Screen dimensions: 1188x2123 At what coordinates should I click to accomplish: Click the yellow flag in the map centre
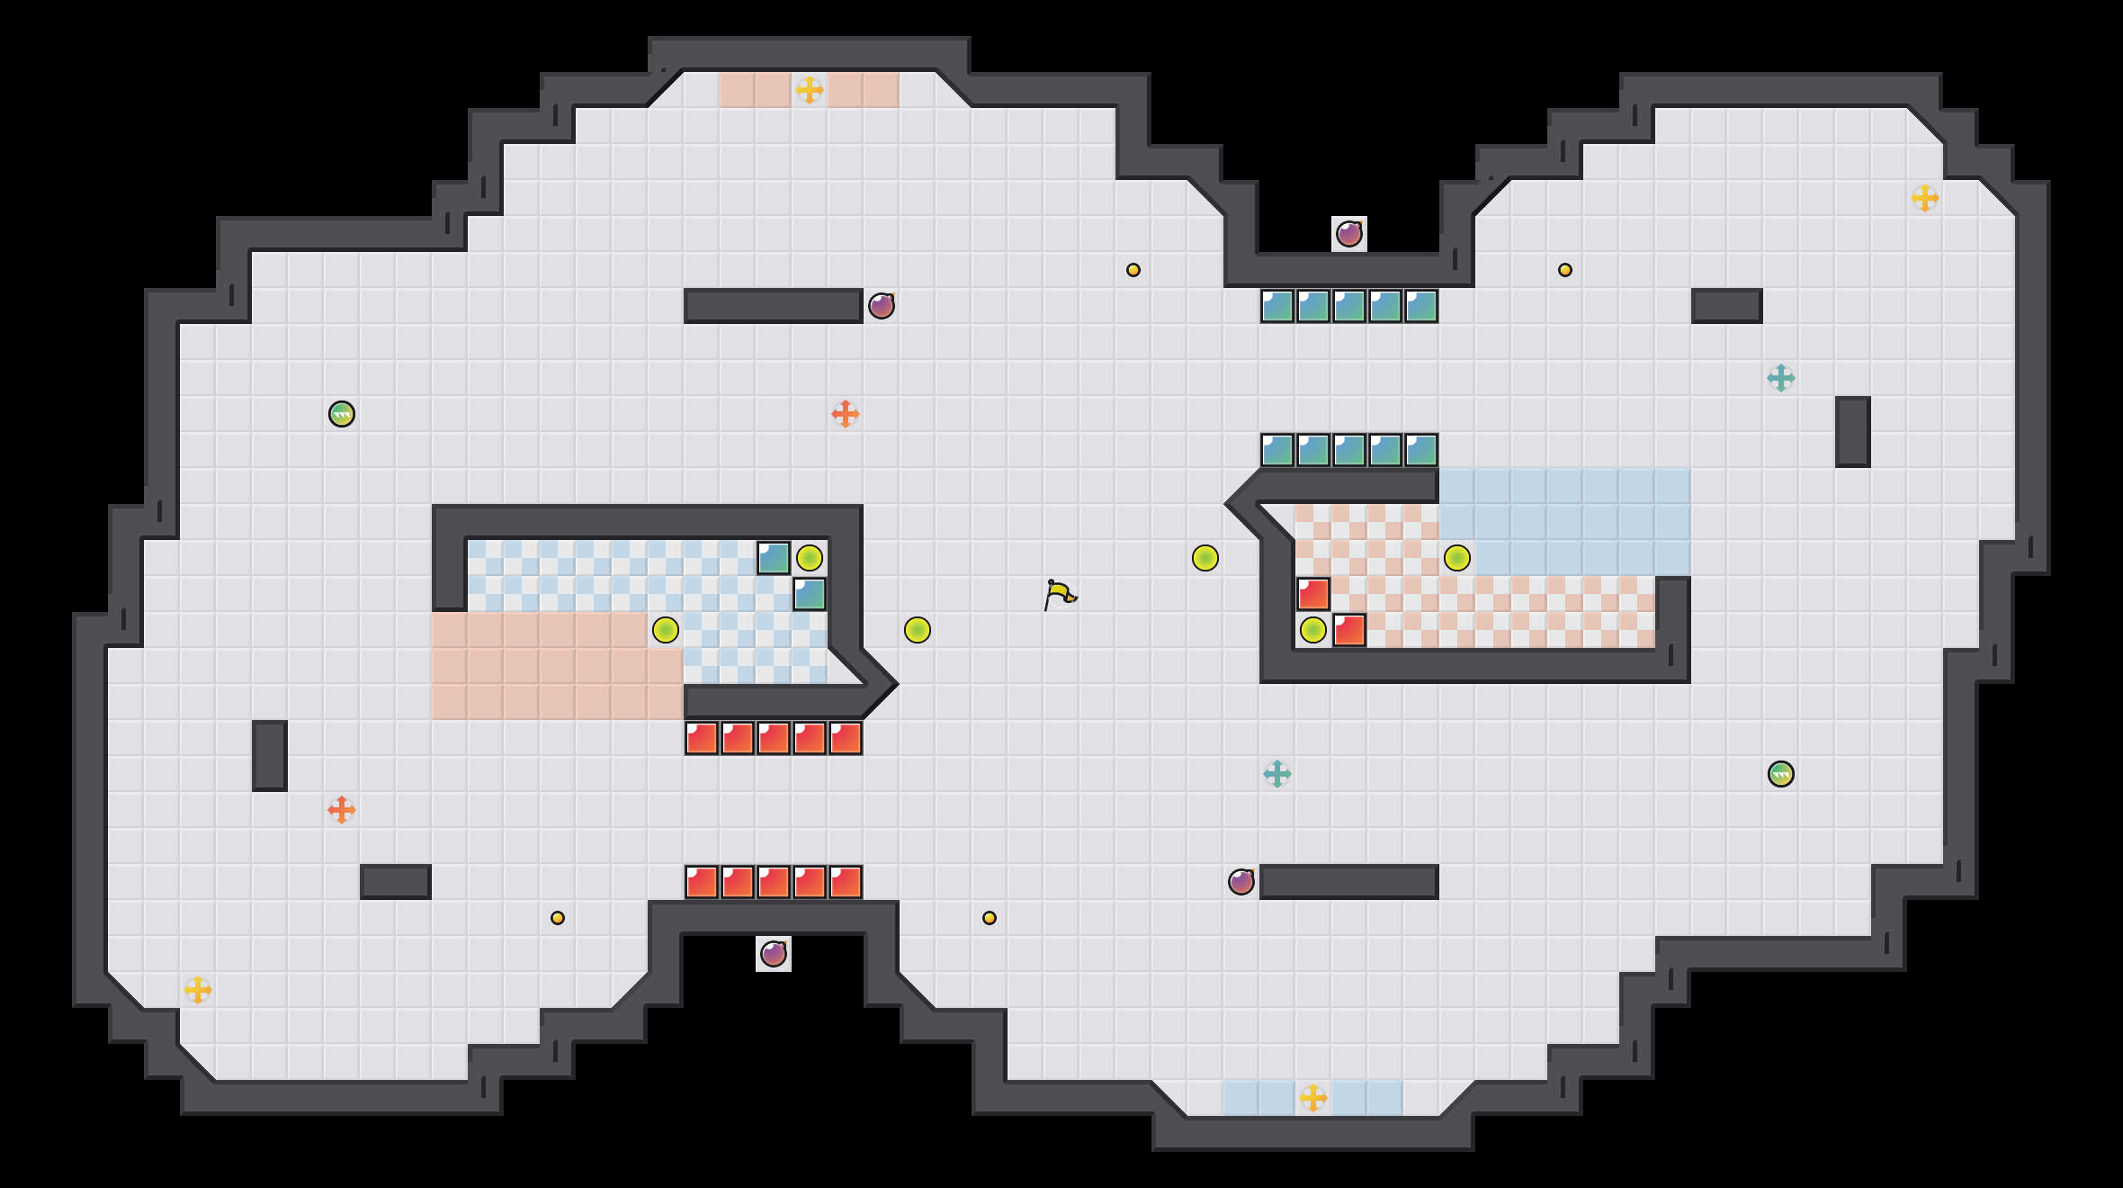coord(1060,595)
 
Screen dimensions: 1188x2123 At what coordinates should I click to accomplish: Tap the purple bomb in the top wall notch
coord(1348,234)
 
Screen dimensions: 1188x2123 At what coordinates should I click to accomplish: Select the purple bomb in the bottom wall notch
coord(773,954)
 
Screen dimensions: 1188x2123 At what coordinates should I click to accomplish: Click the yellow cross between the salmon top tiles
coord(809,90)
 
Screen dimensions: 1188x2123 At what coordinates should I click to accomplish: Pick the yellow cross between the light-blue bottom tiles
coord(1312,1098)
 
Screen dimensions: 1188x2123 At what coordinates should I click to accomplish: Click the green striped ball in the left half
coord(342,414)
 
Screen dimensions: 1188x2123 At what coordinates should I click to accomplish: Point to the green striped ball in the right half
coord(1780,774)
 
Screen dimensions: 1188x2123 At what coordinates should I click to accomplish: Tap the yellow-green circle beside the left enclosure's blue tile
coord(810,558)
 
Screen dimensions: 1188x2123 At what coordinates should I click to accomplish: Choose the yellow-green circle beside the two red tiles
coord(1312,630)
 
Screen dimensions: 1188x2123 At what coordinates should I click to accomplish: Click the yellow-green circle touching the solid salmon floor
coord(666,630)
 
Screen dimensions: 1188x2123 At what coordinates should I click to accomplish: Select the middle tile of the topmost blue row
coord(1348,306)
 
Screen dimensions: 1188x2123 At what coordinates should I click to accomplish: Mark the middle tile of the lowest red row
coord(773,882)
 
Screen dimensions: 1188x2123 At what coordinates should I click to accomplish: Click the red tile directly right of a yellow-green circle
coord(1348,630)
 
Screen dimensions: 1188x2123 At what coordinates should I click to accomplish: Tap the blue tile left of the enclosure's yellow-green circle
coord(774,558)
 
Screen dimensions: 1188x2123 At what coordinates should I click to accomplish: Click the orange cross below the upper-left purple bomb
coord(845,414)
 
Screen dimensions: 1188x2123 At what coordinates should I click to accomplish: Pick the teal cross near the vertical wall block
coord(1780,378)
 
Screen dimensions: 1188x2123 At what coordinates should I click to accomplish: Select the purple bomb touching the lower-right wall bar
coord(1241,882)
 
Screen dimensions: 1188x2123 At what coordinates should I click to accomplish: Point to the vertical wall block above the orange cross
coord(270,756)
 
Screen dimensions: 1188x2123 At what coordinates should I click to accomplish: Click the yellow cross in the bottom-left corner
coord(198,990)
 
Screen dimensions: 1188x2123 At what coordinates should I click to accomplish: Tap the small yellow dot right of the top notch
coord(1565,270)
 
